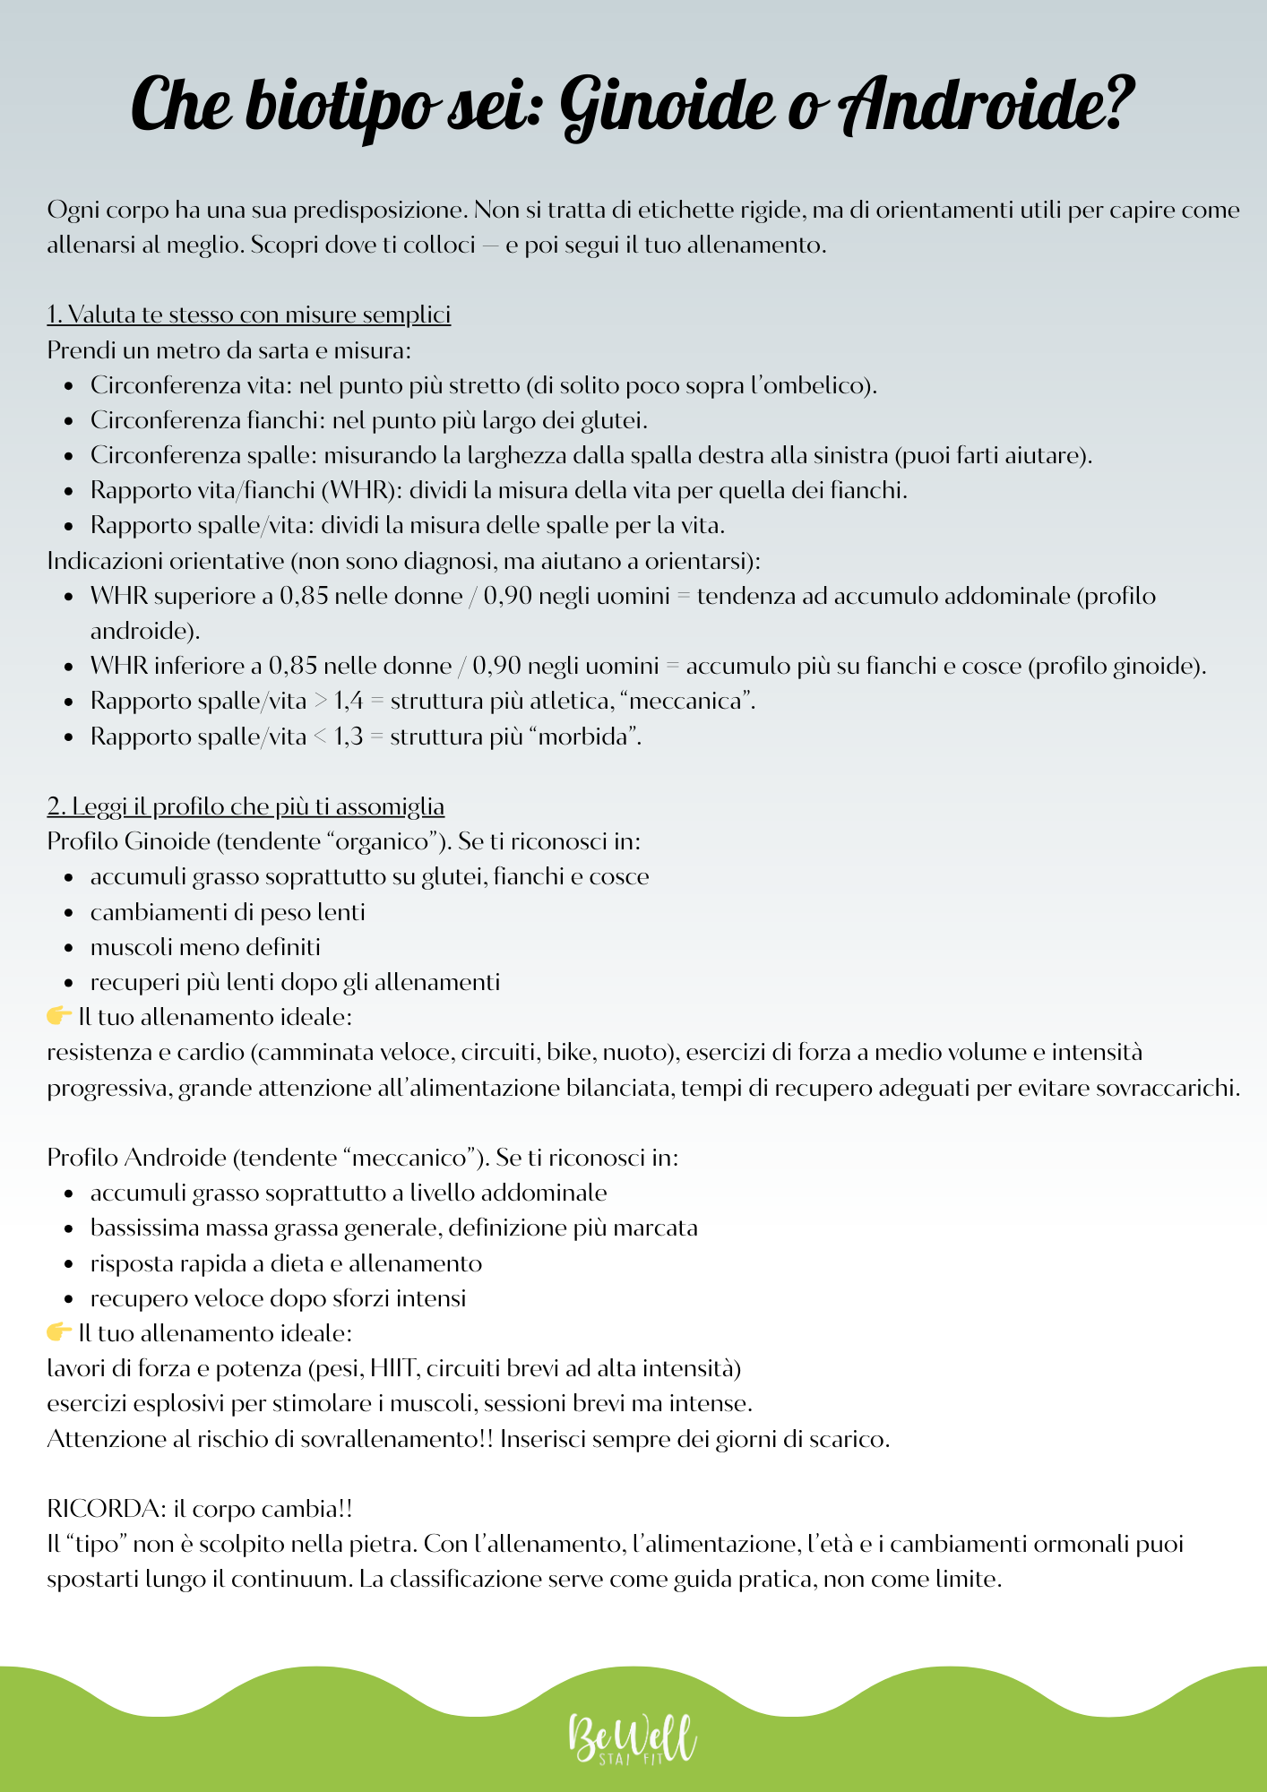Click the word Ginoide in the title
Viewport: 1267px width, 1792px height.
[x=668, y=106]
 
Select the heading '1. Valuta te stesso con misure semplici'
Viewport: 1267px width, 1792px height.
[x=249, y=314]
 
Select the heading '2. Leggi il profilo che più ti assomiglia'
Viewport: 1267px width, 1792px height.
[x=246, y=806]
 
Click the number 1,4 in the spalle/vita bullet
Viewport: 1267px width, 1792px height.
[x=348, y=701]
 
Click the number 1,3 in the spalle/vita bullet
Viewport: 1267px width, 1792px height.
[x=348, y=737]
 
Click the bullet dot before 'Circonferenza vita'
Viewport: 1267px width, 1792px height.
[x=69, y=386]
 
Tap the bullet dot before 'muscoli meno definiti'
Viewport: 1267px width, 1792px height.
[x=69, y=948]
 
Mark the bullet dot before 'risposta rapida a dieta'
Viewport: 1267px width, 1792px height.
[x=69, y=1264]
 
